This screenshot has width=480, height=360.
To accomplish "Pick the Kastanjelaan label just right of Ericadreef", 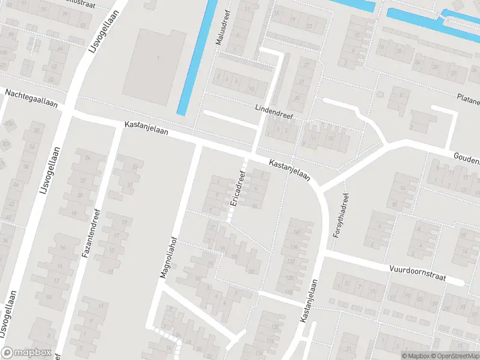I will [x=289, y=170].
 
